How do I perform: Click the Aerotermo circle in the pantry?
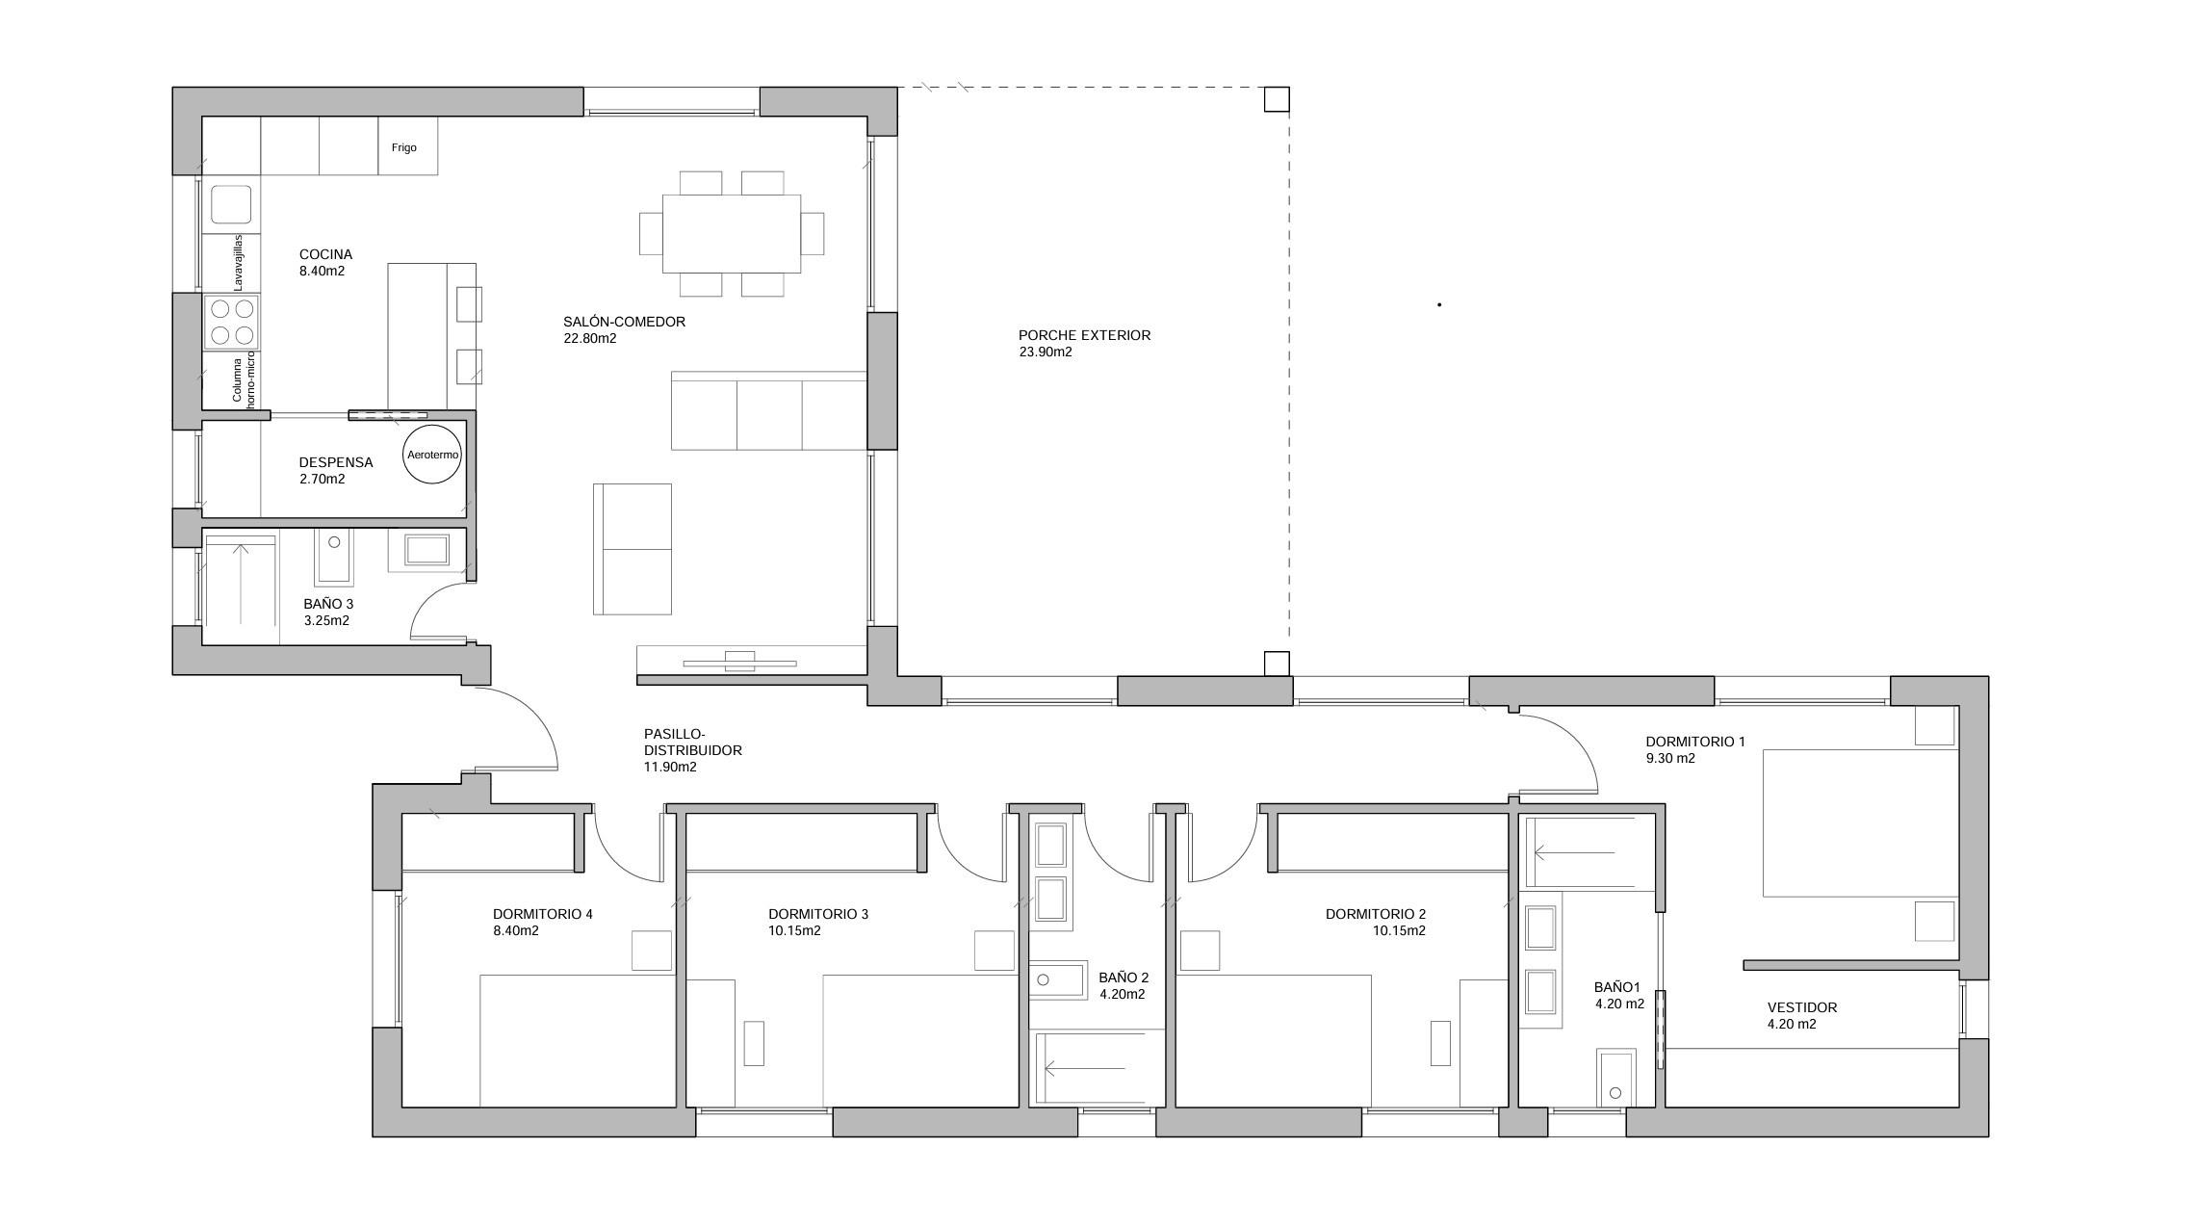coord(433,454)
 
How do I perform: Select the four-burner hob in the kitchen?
coord(231,322)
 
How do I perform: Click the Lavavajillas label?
coord(239,262)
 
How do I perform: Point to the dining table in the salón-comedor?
coord(732,234)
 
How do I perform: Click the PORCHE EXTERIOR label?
coord(1084,335)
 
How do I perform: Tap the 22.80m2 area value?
coord(589,338)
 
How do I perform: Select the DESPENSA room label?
coord(335,462)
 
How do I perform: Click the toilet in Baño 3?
coord(333,556)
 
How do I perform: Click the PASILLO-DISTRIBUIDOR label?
coord(691,742)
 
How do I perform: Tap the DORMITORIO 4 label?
coord(542,914)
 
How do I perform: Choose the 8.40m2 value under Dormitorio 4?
coord(515,930)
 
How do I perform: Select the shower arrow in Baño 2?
coord(1085,1068)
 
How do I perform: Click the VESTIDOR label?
coord(1801,1007)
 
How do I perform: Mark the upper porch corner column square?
coord(1277,99)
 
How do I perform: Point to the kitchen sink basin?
coord(231,204)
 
